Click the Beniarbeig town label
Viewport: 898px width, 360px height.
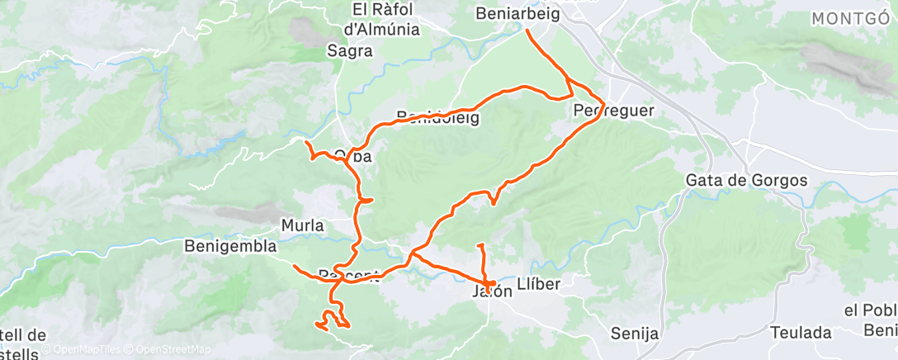coord(518,14)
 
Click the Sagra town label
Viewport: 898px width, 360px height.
coord(351,51)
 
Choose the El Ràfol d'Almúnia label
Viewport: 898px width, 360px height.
coord(381,20)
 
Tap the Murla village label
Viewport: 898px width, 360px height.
coord(302,225)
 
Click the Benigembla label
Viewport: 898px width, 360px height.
coord(230,246)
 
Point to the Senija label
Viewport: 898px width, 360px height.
coord(635,334)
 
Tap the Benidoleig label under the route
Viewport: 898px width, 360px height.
coord(437,117)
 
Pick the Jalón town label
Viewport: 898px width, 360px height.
coord(487,291)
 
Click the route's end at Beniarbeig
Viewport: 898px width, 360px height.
coord(527,31)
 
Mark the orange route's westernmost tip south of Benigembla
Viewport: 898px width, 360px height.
coord(295,265)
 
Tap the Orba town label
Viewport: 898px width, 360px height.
coord(353,156)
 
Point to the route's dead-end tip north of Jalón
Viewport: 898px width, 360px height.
coord(479,245)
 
